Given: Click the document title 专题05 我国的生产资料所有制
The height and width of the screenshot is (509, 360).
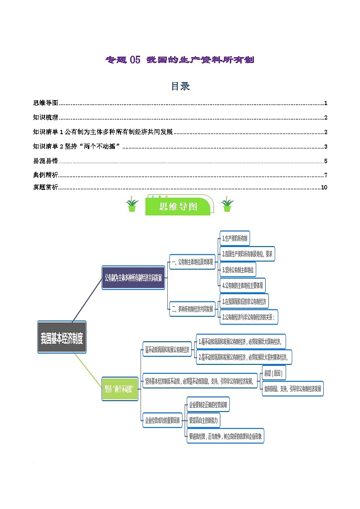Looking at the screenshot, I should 180,60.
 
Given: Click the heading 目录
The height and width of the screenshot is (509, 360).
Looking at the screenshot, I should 180,86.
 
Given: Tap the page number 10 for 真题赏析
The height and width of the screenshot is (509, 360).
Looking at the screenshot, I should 324,188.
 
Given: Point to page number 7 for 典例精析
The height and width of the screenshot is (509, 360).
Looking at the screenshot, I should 326,175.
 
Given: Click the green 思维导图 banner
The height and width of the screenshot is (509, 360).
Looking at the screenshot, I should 179,207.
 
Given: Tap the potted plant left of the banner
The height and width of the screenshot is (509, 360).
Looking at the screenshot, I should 132,205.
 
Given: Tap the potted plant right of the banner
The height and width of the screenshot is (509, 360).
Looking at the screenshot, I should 227,205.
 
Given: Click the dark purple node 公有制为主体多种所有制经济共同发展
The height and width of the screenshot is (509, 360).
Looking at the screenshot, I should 133,278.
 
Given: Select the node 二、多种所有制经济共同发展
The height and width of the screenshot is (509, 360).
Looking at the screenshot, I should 192,309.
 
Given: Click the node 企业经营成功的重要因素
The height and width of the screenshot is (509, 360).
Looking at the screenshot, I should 162,420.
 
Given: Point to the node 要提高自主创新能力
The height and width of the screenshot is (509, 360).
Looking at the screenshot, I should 204,420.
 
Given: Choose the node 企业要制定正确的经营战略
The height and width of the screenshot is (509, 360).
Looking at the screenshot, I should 208,404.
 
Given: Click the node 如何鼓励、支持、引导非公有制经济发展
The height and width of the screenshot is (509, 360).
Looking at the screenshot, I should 293,388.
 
